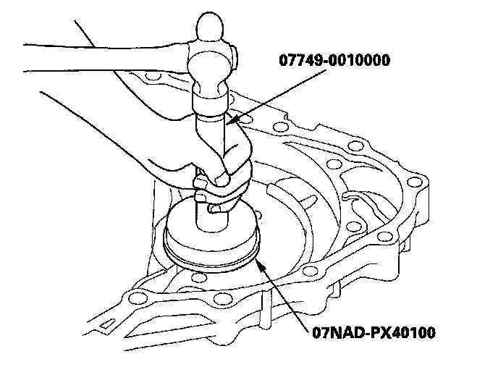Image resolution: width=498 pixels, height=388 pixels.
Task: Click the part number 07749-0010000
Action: (334, 60)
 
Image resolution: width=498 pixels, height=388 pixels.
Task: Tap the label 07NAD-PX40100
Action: (373, 333)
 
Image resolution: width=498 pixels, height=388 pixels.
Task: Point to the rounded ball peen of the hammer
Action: (210, 28)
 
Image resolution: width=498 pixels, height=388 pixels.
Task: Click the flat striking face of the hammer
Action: (210, 99)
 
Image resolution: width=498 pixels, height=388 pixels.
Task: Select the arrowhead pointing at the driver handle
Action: (232, 119)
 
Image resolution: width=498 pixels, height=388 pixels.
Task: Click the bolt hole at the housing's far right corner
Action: (415, 182)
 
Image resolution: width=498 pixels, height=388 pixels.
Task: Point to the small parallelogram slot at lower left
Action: (106, 324)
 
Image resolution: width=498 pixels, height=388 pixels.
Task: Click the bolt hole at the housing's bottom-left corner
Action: (138, 298)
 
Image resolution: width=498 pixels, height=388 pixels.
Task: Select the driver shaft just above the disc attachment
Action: (212, 219)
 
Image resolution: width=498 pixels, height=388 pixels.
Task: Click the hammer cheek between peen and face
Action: (210, 64)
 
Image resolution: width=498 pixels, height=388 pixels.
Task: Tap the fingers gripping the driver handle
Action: (229, 165)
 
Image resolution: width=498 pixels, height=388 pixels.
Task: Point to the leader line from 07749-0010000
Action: (277, 96)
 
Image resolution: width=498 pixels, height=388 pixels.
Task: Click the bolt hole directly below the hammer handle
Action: (153, 76)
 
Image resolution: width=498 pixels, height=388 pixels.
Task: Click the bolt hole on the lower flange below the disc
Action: (221, 298)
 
